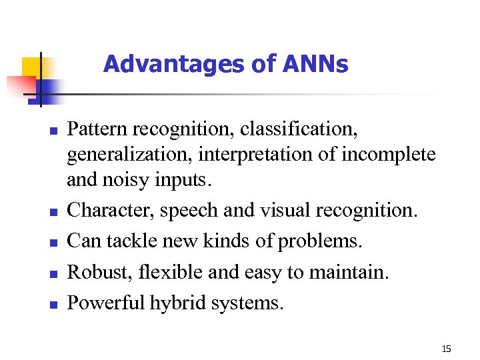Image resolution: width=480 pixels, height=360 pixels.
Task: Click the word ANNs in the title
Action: coord(315,65)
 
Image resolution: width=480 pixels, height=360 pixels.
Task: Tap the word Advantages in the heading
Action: coord(146,65)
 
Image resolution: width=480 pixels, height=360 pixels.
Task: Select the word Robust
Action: coord(94,272)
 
